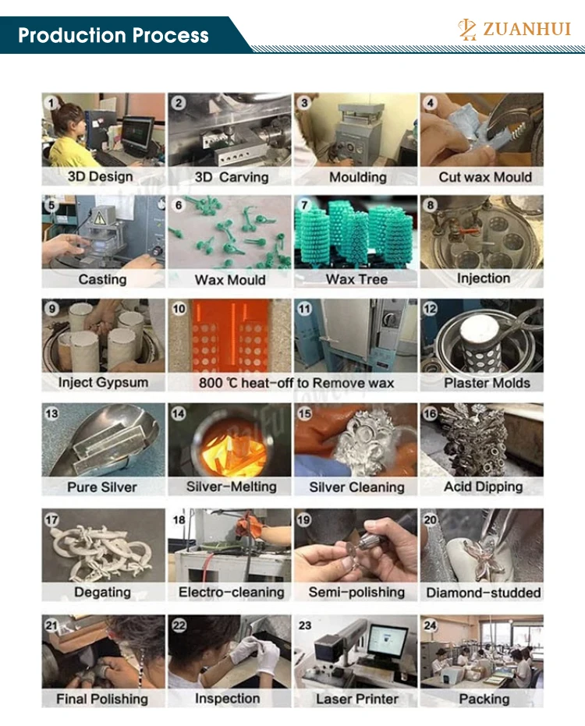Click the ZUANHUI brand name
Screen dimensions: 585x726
(x=526, y=29)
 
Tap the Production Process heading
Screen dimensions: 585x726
(x=113, y=35)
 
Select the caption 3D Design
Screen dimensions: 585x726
(x=100, y=176)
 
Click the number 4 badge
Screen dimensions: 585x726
(x=431, y=102)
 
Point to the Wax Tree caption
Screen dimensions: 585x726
(x=356, y=279)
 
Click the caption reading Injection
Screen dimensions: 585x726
(x=484, y=278)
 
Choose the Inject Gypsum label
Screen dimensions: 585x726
(x=103, y=382)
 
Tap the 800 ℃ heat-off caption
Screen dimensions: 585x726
(x=296, y=383)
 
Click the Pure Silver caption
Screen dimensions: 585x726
(x=102, y=487)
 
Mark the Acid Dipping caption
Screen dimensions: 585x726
(x=483, y=487)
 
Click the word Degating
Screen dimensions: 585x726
(x=102, y=592)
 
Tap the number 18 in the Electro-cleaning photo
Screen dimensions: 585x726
(x=179, y=520)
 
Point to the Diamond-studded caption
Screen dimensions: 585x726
(x=484, y=593)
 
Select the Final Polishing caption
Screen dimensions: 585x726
(x=102, y=699)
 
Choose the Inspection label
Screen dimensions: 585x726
(x=228, y=698)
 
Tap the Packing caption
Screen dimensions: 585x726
(x=484, y=699)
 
